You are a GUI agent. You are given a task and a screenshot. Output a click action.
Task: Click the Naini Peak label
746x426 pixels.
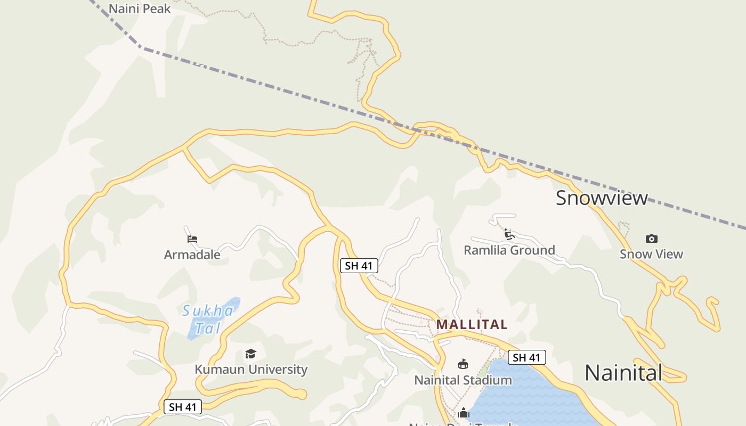(x=140, y=9)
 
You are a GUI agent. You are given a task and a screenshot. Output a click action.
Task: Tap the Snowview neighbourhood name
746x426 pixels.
(x=602, y=198)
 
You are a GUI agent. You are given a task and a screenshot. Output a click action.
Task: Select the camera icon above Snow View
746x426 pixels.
(x=651, y=239)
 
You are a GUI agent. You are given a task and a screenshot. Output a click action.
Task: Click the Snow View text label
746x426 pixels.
(x=651, y=254)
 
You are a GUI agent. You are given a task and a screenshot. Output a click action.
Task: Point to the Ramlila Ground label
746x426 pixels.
(x=509, y=250)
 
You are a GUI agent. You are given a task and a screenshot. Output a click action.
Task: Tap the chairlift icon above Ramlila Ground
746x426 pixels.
(x=508, y=234)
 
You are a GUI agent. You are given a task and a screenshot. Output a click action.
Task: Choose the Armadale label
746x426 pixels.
(x=192, y=255)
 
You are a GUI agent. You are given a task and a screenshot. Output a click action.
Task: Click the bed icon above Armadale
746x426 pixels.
(x=192, y=239)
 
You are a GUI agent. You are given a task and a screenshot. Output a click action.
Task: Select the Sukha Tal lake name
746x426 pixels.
(x=207, y=319)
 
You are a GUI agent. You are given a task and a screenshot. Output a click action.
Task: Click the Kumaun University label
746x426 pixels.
(x=251, y=369)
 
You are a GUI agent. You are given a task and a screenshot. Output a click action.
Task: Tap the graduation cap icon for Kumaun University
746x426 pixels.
(x=250, y=354)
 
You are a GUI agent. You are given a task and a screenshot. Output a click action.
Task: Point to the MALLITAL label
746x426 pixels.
(x=472, y=324)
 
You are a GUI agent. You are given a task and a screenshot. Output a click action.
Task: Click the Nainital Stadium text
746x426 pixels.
(x=463, y=380)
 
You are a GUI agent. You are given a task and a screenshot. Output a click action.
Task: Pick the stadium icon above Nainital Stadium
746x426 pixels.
(x=463, y=365)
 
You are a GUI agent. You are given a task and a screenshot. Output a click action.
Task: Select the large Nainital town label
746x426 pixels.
(x=623, y=373)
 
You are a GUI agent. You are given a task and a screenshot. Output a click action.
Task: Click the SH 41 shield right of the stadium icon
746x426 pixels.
(x=526, y=358)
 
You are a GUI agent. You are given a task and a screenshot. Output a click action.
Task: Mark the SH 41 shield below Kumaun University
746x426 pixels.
(x=183, y=407)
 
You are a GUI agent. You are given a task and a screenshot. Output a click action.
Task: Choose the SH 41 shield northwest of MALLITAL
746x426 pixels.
(x=359, y=266)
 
